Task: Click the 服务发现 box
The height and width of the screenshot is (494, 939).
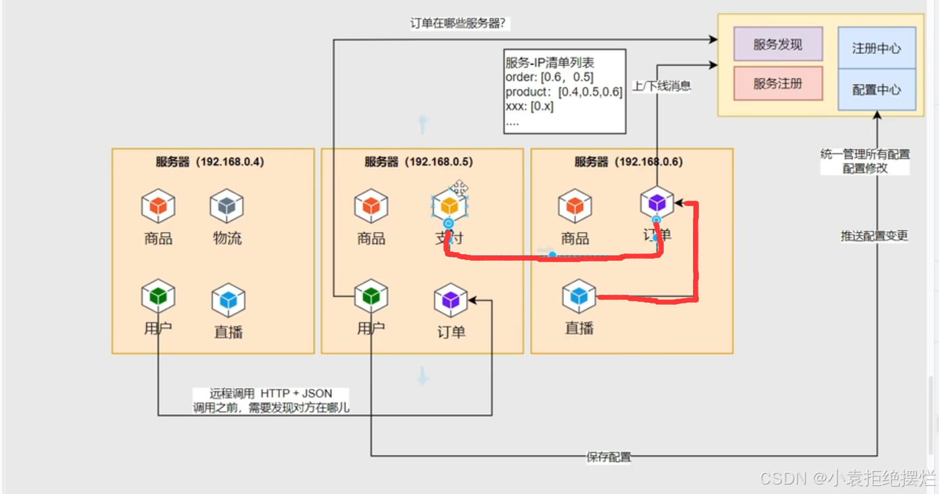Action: (777, 45)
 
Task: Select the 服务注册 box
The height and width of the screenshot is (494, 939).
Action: (777, 84)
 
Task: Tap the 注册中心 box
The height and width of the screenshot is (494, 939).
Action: (876, 48)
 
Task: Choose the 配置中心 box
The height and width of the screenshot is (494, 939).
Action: (876, 89)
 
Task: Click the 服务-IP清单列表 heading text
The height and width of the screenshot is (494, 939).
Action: (550, 63)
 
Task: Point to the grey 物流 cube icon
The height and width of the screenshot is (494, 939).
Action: (226, 206)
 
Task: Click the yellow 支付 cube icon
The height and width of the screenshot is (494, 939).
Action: (450, 205)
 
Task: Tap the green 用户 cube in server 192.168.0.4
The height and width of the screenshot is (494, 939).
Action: (158, 296)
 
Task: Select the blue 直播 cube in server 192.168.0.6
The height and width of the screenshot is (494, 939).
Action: (579, 296)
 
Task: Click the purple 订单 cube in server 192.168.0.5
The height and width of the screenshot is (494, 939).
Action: (450, 301)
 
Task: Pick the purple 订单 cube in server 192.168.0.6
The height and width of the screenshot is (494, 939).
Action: (657, 203)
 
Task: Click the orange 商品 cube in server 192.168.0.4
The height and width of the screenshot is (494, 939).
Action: (158, 206)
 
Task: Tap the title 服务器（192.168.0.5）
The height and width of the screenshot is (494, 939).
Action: (418, 162)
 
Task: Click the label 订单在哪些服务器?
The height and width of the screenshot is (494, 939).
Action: (459, 24)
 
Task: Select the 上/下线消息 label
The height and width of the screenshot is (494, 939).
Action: (661, 87)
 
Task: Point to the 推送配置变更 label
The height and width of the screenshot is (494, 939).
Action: (874, 236)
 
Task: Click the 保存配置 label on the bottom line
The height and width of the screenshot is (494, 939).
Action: (608, 458)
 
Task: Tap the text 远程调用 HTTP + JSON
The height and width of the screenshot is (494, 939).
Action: (270, 393)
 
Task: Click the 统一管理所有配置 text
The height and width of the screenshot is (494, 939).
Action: (865, 155)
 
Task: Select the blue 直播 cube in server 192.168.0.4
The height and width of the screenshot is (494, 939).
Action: (228, 301)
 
